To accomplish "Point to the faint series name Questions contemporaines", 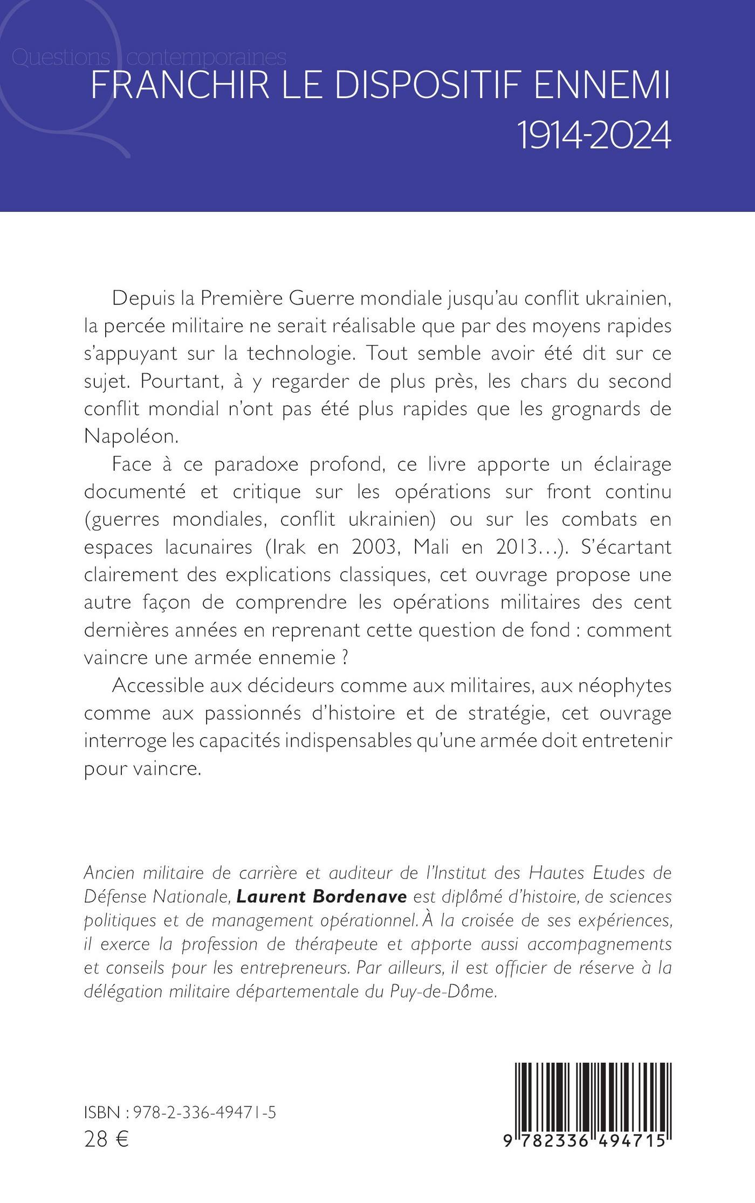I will click(x=148, y=57).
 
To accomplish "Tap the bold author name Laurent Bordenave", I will click(x=324, y=896).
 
